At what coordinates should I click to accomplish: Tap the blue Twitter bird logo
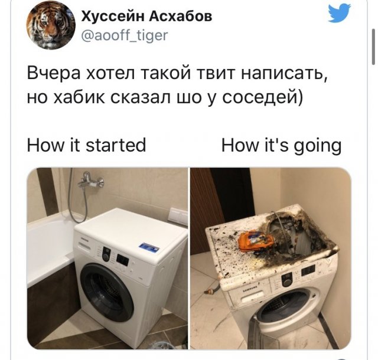[x=339, y=14]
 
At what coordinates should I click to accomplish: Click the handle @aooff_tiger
[x=124, y=36]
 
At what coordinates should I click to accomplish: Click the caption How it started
[x=86, y=145]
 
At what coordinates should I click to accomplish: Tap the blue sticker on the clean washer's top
[x=148, y=247]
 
